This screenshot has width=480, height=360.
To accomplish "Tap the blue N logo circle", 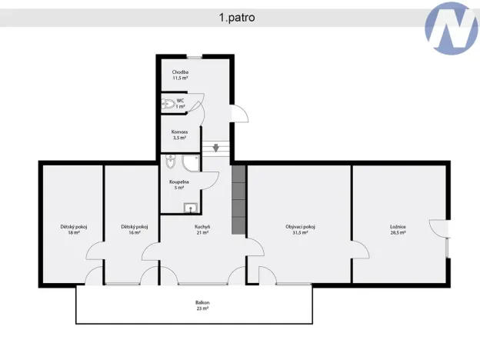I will pos(450,27).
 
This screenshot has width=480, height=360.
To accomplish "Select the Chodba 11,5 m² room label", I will pos(180,75).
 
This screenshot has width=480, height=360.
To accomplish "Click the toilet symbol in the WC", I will pos(169,105).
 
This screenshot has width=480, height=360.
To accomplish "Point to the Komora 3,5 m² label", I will pos(179,135).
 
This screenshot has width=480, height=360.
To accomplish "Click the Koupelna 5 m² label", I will pos(179,185).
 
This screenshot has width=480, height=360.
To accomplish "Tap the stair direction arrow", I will pos(216,148).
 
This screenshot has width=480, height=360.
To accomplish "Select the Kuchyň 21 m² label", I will pos(202,229).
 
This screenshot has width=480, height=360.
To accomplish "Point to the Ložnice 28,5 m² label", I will pos(398,229).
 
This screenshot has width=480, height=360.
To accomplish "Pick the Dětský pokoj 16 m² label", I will pos(134,229).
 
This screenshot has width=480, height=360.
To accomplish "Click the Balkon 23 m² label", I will pos(202,305).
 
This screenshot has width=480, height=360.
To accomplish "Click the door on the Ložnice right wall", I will pos(440,232).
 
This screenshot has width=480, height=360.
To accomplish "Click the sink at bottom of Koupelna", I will pos(189,207).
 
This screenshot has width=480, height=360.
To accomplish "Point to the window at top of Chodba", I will pos(195,57).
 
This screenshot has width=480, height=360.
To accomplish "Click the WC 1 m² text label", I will pos(181,103).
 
